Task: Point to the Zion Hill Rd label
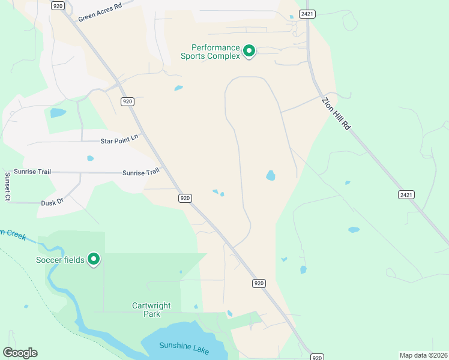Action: (x=336, y=113)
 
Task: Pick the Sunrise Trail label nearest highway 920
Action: (x=141, y=172)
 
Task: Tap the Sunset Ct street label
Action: (x=8, y=187)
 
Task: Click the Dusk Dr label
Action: (x=52, y=203)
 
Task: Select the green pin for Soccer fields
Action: (x=94, y=259)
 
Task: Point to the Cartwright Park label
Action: (x=151, y=310)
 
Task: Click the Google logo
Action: (x=20, y=353)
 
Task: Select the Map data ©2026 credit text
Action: (x=423, y=355)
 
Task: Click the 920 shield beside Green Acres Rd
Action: (x=58, y=5)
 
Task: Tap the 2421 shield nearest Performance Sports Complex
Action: (x=307, y=14)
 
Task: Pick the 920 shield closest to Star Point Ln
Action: (x=127, y=101)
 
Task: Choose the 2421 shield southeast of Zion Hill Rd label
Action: (x=406, y=194)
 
